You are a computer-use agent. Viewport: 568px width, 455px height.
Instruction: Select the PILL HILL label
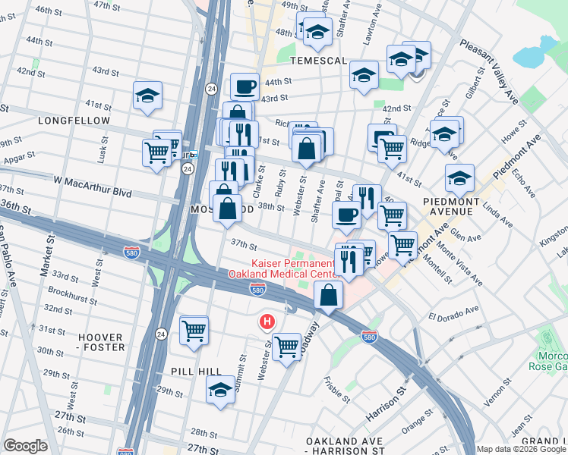(x=194, y=372)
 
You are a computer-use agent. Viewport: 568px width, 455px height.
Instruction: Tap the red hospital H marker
(x=266, y=322)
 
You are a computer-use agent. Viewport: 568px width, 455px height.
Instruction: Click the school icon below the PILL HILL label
(x=220, y=390)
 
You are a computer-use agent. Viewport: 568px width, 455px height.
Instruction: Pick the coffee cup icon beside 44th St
(x=245, y=87)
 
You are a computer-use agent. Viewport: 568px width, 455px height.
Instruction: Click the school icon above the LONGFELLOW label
(x=147, y=96)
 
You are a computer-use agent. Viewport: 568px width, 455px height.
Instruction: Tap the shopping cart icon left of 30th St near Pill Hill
(x=194, y=330)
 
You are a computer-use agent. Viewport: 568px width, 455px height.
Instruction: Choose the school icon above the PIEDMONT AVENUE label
(x=459, y=178)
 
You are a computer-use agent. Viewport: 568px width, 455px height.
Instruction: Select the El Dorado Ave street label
(x=453, y=312)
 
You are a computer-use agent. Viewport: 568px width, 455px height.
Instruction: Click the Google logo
(x=25, y=446)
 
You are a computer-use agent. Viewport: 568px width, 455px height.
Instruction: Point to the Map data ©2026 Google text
(x=520, y=449)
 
